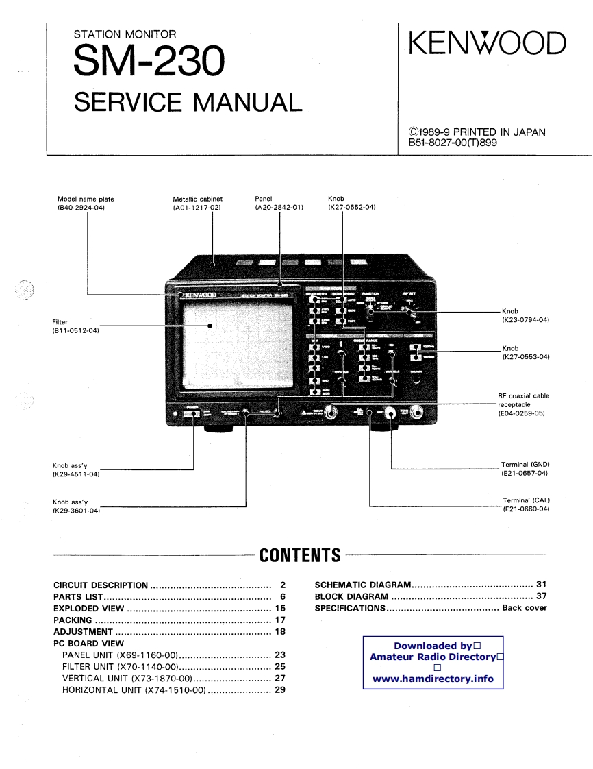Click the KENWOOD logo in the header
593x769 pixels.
(488, 43)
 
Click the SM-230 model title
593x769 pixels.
(148, 62)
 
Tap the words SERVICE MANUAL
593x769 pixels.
(188, 102)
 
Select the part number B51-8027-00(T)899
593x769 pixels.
(452, 143)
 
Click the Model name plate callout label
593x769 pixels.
(86, 199)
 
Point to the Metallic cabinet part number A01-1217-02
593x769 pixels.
(197, 207)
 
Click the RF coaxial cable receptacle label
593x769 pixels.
(523, 404)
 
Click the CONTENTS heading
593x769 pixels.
(300, 555)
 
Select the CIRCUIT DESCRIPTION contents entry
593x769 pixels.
(101, 585)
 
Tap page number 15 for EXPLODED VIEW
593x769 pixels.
(280, 609)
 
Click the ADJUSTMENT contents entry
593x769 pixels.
(83, 632)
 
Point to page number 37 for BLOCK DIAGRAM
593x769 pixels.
(541, 596)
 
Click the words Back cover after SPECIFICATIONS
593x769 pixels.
(525, 608)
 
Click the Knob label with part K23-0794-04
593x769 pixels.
(526, 320)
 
